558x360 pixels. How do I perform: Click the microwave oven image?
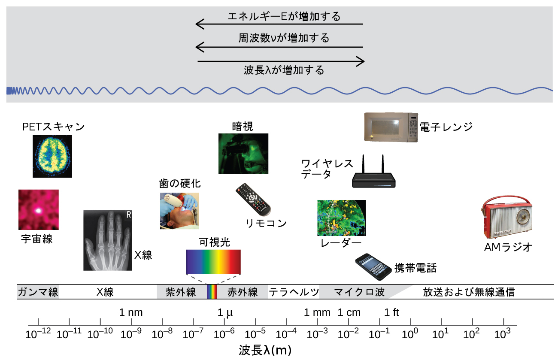[x=391, y=127]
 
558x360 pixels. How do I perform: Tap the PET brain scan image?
[x=52, y=156]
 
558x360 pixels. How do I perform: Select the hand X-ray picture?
[x=108, y=240]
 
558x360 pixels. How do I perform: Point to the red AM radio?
[x=506, y=217]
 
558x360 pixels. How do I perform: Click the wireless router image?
[x=374, y=172]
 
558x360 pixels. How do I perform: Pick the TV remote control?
[x=253, y=199]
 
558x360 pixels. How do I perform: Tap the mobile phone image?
[x=373, y=266]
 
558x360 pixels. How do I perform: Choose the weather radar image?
[x=341, y=218]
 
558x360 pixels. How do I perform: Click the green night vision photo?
[x=243, y=153]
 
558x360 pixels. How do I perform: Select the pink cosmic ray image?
[x=39, y=210]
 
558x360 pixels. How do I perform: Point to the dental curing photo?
[x=179, y=211]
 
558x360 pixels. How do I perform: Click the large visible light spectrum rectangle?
[x=213, y=262]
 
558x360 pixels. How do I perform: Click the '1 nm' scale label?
[x=131, y=312]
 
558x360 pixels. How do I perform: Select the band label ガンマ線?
[x=38, y=292]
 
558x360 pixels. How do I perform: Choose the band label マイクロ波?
[x=359, y=292]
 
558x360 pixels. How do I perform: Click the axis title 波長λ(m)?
[x=265, y=350]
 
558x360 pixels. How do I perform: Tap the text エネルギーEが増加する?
[x=284, y=16]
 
